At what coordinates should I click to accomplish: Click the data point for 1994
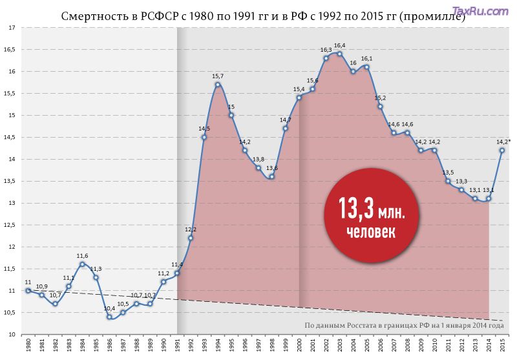(x=218, y=85)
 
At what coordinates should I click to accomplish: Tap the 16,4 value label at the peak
(x=339, y=45)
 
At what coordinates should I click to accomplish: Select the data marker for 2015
(x=501, y=151)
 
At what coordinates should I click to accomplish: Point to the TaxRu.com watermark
(x=480, y=11)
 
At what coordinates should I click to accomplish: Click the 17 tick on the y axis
(x=12, y=28)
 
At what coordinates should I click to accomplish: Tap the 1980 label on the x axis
(x=28, y=346)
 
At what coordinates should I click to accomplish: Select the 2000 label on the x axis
(x=299, y=346)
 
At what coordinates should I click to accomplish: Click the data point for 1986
(x=109, y=317)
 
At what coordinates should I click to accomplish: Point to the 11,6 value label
(x=82, y=256)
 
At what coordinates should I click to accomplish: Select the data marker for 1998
(x=271, y=176)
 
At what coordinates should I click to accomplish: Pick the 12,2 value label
(x=191, y=229)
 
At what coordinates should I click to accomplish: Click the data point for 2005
(x=366, y=67)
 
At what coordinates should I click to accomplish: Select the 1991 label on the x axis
(x=177, y=346)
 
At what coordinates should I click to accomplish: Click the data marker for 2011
(x=448, y=181)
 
